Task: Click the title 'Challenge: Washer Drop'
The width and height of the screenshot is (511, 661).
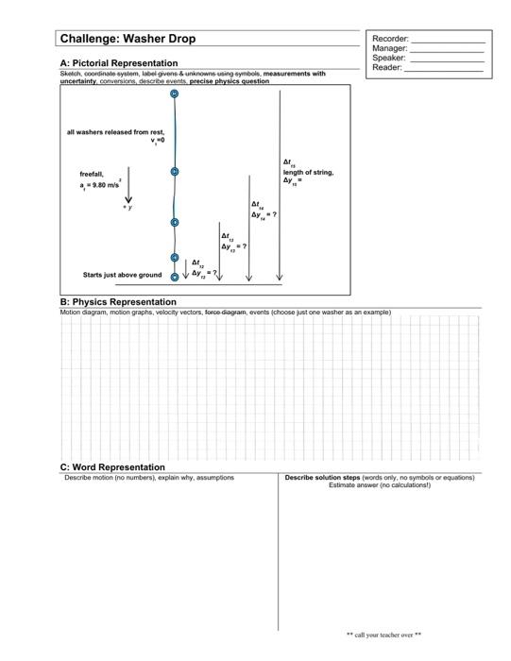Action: (x=128, y=40)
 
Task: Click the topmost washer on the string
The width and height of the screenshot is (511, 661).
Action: (x=175, y=94)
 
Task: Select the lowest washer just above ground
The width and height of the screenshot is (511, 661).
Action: (x=175, y=277)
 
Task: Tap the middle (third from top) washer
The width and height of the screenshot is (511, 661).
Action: (x=175, y=223)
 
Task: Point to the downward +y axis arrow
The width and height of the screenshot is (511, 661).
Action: (x=128, y=190)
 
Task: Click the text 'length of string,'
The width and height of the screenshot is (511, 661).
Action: (x=308, y=172)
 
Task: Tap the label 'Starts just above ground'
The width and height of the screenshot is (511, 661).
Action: (x=123, y=276)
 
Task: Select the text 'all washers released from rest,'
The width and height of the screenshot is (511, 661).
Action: (x=115, y=132)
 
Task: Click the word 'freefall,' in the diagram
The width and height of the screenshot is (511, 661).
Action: (x=92, y=174)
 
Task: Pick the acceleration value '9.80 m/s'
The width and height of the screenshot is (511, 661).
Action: (x=106, y=187)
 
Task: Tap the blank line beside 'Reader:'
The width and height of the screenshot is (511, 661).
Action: (x=445, y=69)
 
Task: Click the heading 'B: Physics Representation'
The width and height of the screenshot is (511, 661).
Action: (x=118, y=302)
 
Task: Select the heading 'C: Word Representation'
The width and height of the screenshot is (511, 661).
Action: (x=111, y=466)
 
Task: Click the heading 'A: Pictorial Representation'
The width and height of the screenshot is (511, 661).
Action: (x=118, y=62)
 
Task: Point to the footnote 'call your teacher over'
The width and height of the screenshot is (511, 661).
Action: (x=384, y=635)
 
